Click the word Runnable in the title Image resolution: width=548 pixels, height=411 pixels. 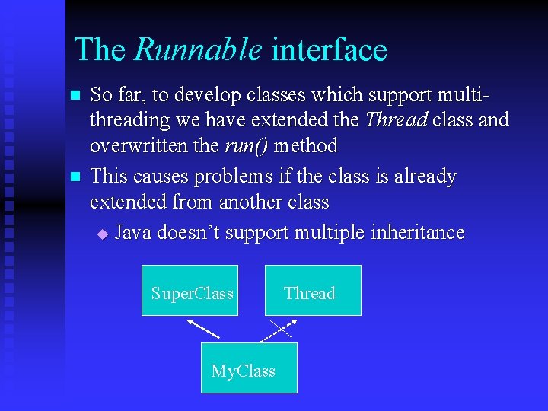click(198, 50)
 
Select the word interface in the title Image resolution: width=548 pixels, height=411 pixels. click(329, 50)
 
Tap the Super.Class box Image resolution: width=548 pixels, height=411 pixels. click(190, 290)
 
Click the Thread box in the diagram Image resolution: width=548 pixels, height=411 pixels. click(313, 290)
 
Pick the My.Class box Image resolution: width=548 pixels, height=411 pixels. click(249, 368)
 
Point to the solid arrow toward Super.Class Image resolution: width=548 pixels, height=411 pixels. click(203, 328)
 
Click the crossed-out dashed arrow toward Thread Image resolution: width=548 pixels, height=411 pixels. click(279, 329)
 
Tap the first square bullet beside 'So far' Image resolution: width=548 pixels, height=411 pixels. click(75, 96)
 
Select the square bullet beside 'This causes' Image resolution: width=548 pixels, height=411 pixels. click(75, 177)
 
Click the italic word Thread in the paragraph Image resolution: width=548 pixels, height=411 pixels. click(396, 120)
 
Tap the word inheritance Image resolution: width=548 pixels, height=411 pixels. click(417, 233)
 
